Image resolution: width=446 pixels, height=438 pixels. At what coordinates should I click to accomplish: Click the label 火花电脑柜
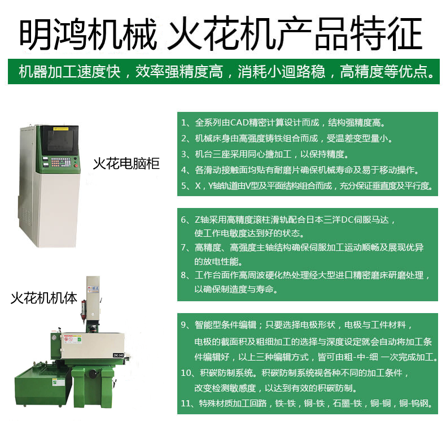click(126, 164)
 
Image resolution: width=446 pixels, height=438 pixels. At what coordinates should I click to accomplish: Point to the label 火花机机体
click(44, 298)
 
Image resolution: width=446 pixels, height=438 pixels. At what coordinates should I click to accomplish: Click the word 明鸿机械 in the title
click(88, 34)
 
